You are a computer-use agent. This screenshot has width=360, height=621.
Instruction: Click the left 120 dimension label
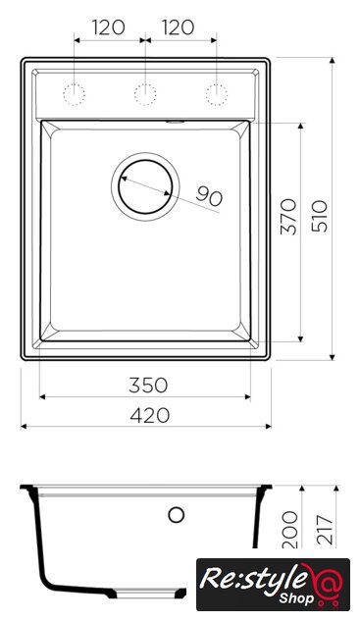[x=109, y=27]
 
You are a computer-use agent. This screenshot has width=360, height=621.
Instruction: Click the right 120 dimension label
[x=178, y=27]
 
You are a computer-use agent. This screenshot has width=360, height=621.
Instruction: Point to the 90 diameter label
[x=209, y=196]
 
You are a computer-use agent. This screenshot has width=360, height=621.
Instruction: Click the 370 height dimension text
[x=288, y=217]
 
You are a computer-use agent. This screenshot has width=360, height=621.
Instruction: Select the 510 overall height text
[x=320, y=216]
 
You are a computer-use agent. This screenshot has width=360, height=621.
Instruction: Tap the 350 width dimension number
[x=148, y=386]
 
